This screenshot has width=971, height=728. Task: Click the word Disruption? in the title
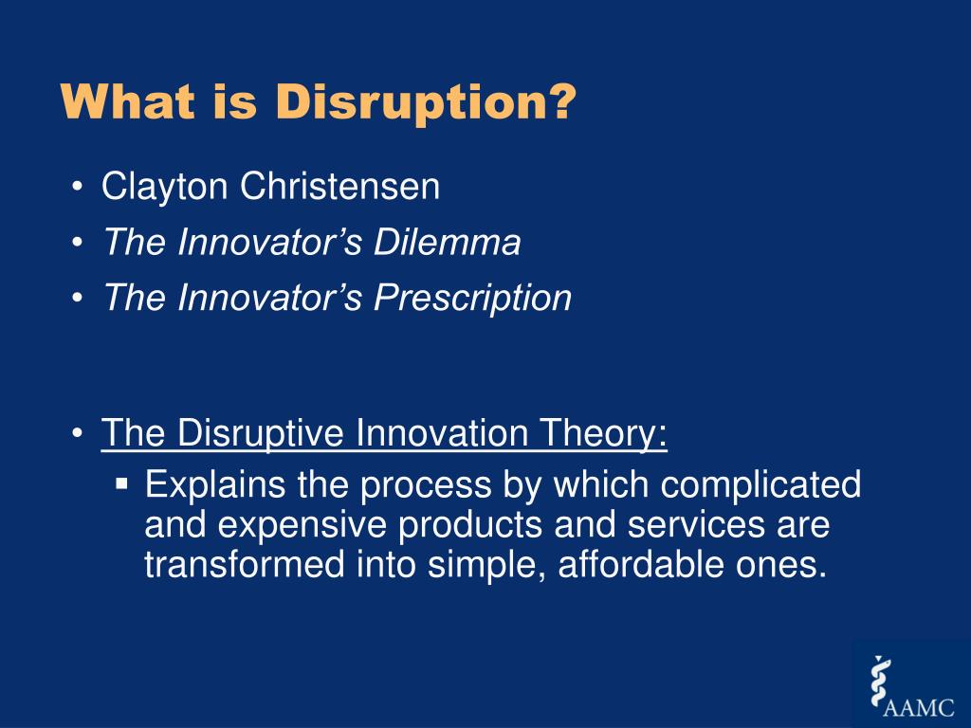pyautogui.click(x=426, y=101)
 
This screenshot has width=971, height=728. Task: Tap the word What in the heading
pyautogui.click(x=128, y=100)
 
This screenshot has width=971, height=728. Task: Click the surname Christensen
pyautogui.click(x=340, y=186)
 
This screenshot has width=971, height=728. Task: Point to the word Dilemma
pyautogui.click(x=447, y=242)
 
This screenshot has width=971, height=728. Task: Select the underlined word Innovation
pyautogui.click(x=442, y=432)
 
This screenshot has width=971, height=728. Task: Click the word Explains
pyautogui.click(x=215, y=484)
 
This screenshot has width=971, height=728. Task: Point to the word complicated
pyautogui.click(x=760, y=484)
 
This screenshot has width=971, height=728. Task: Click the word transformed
pyautogui.click(x=245, y=564)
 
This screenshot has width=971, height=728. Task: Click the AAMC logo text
pyautogui.click(x=919, y=707)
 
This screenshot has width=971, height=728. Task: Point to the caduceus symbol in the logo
pyautogui.click(x=879, y=682)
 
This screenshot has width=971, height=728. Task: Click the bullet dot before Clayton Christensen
pyautogui.click(x=77, y=187)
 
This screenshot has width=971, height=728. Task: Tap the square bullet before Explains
pyautogui.click(x=121, y=482)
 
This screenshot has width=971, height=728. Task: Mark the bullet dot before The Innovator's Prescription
pyautogui.click(x=77, y=298)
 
